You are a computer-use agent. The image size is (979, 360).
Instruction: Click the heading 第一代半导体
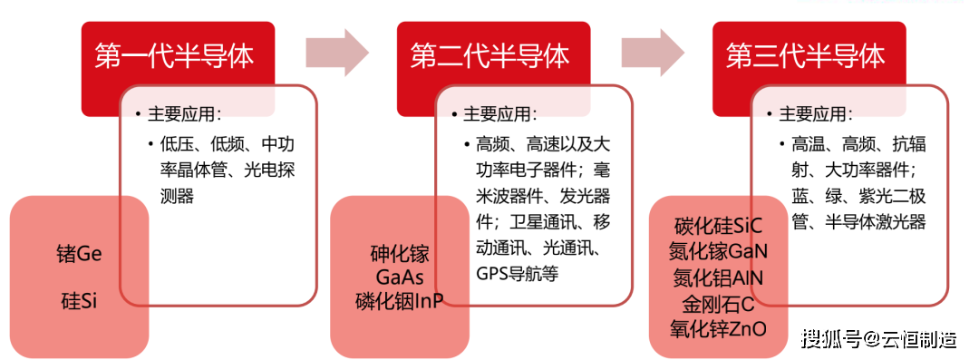click(x=173, y=56)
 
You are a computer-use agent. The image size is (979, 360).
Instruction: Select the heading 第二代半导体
click(x=489, y=56)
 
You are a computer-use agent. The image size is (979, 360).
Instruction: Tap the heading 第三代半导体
click(x=805, y=56)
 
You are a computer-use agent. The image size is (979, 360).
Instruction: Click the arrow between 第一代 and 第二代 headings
click(x=336, y=52)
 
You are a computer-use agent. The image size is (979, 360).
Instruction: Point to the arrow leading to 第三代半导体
click(x=653, y=52)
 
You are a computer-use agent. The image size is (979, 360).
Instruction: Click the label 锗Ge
click(x=79, y=254)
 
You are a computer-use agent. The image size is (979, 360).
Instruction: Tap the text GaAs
click(x=399, y=277)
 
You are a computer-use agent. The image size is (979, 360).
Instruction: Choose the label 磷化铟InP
click(x=399, y=301)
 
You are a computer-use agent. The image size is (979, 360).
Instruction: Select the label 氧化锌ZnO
click(x=718, y=327)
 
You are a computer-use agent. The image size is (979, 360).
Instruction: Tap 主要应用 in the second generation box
click(x=499, y=115)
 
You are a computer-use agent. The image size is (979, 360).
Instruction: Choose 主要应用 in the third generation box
click(x=815, y=115)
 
